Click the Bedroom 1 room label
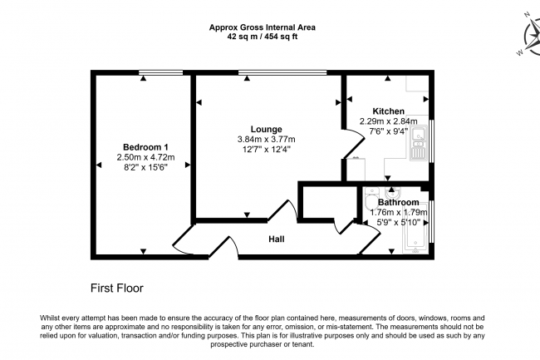pyautogui.click(x=144, y=145)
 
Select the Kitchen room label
pyautogui.click(x=388, y=111)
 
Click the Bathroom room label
pyautogui.click(x=398, y=202)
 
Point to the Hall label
pyautogui.click(x=277, y=239)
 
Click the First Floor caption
pyautogui.click(x=116, y=288)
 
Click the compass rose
pyautogui.click(x=528, y=37)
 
